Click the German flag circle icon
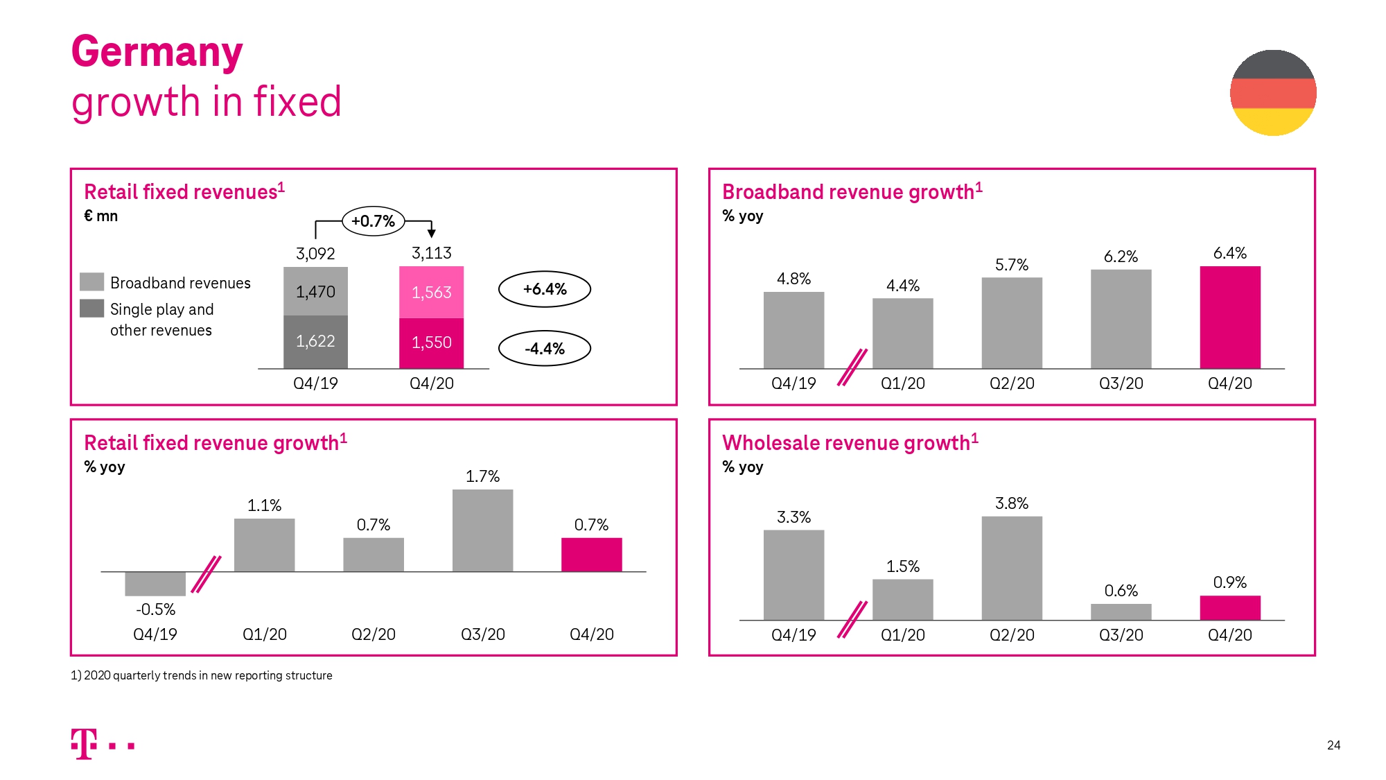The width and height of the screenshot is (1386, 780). pos(1273,93)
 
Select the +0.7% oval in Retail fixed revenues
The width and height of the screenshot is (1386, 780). pos(373,221)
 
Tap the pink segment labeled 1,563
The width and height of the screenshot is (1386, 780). pos(431,293)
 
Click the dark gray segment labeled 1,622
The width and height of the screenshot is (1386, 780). pos(315,342)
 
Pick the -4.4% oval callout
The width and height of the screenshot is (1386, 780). pos(545,349)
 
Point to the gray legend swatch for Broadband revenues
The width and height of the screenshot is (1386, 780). pos(91,282)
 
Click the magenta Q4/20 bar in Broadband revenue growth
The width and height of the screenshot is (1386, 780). pos(1230,318)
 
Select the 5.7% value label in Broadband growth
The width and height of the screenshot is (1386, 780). pos(1011,265)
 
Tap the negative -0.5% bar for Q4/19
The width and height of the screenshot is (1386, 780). pos(155,584)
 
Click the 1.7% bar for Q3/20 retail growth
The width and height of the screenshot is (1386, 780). pos(482,531)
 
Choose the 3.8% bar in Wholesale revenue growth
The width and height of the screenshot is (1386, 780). pos(1011,568)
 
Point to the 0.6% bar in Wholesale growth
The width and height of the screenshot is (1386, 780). pos(1121,612)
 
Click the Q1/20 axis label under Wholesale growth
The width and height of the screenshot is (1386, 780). pos(902,635)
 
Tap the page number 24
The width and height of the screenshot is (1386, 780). pos(1333,745)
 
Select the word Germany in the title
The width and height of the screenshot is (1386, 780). pos(157,52)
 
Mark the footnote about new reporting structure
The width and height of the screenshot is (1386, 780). pos(202,675)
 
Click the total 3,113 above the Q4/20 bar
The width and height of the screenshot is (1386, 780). pos(431,253)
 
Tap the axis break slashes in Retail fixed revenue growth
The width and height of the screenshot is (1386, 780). pos(206,574)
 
